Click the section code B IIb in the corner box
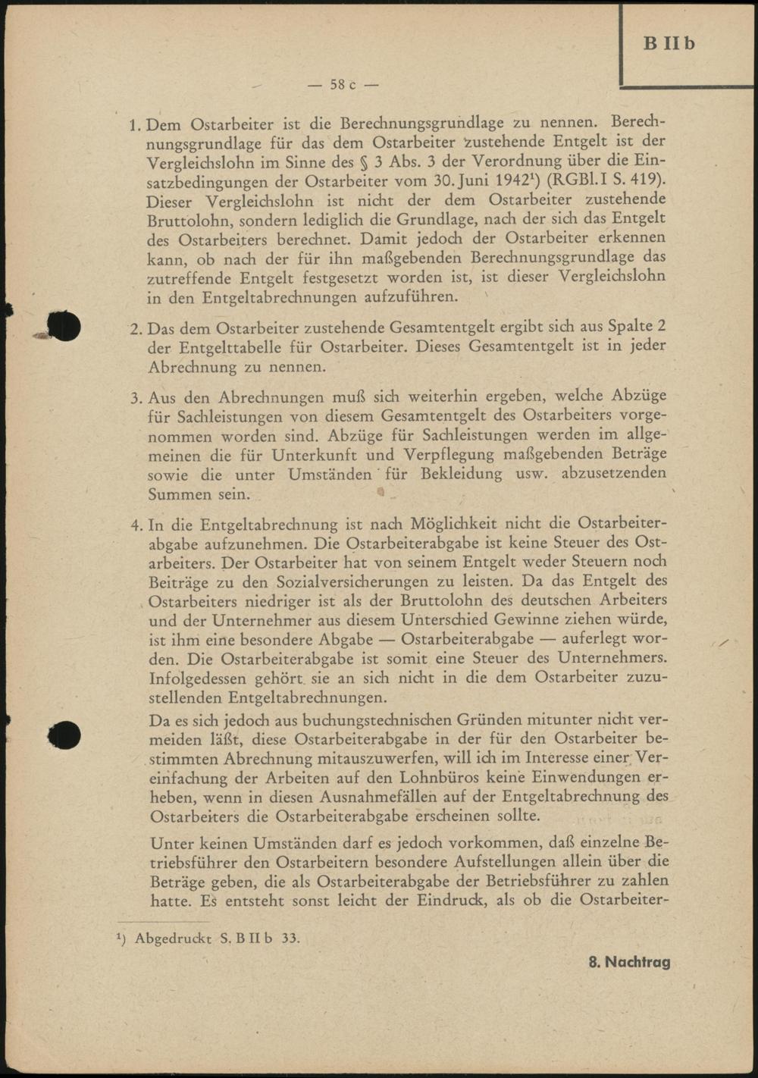coord(669,43)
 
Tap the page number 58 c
coord(343,85)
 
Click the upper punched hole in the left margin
coord(64,325)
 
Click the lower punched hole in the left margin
coord(64,734)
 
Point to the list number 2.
coord(136,329)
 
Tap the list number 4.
coord(136,525)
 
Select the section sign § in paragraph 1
coord(366,161)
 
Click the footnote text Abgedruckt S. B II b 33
coord(217,939)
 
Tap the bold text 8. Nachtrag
coord(629,962)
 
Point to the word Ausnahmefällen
coord(377,797)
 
